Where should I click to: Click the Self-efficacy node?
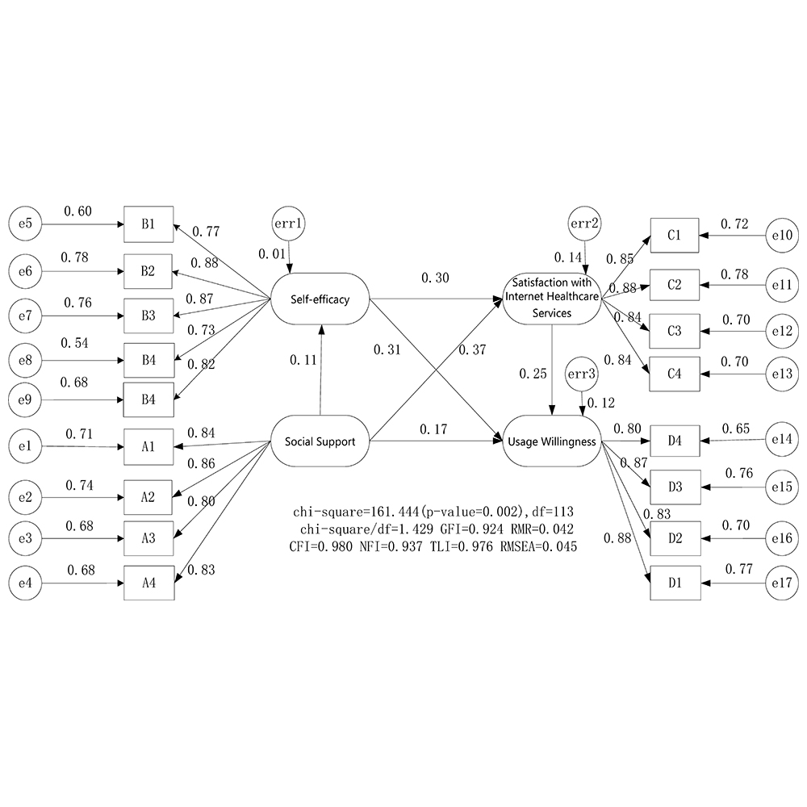(320, 299)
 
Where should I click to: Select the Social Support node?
(320, 441)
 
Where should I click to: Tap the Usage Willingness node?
(552, 441)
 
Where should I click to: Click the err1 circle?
(289, 223)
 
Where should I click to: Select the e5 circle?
(23, 224)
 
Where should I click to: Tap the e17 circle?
(781, 580)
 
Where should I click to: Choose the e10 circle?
(781, 236)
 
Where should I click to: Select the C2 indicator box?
(675, 284)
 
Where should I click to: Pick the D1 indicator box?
(675, 580)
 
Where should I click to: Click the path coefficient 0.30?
(436, 278)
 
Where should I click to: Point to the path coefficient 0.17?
(434, 429)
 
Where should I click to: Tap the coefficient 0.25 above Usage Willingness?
(532, 374)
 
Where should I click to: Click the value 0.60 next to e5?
(77, 211)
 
